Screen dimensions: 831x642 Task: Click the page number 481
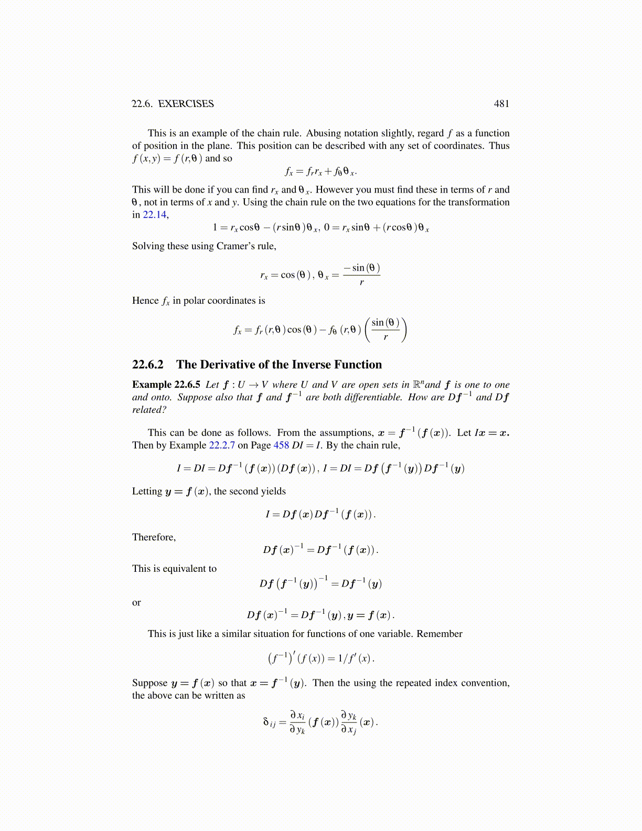[x=501, y=104]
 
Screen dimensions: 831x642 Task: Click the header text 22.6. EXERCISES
[x=173, y=104]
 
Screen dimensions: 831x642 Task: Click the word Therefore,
[x=154, y=537]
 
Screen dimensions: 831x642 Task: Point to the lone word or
[x=136, y=603]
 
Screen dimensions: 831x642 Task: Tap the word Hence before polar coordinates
[x=145, y=301]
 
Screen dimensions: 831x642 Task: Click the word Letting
[x=147, y=492]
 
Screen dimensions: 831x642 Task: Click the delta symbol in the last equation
[x=266, y=722]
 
